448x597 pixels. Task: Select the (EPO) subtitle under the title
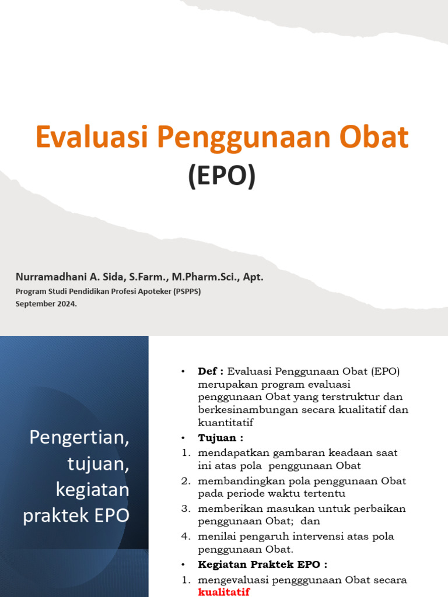tap(222, 177)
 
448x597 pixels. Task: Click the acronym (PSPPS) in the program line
tap(187, 292)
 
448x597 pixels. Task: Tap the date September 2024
tap(46, 304)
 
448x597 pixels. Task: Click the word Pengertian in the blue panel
tap(79, 438)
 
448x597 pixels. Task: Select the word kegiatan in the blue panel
tap(92, 490)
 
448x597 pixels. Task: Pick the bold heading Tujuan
tap(218, 437)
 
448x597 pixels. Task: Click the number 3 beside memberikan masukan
tap(185, 508)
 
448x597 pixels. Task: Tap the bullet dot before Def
tap(183, 372)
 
